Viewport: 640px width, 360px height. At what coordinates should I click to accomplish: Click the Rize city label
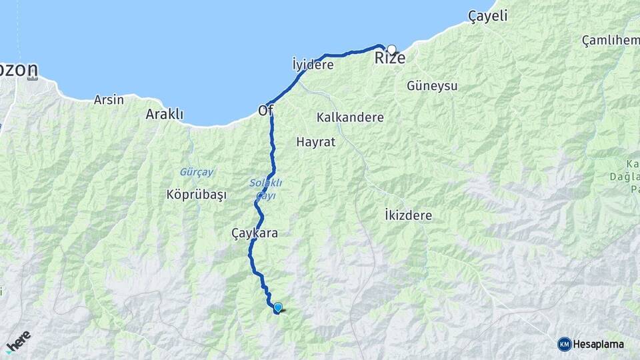click(389, 59)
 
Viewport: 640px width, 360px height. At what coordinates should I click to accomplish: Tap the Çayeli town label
click(487, 17)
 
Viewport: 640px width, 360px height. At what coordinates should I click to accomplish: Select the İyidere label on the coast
click(313, 65)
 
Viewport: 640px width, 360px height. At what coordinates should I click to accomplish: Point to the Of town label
click(265, 112)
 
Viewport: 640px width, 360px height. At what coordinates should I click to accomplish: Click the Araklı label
click(165, 114)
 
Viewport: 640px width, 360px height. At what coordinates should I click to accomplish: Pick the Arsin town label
click(109, 100)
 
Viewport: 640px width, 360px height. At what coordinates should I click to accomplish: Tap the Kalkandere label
click(351, 117)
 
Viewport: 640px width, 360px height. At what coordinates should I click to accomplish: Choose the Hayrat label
click(315, 142)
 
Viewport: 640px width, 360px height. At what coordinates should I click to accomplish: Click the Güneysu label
click(432, 86)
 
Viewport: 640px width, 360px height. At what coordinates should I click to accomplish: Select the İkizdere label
click(409, 215)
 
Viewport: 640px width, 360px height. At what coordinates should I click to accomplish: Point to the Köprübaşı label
click(197, 195)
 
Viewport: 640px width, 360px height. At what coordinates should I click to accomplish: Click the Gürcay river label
click(197, 172)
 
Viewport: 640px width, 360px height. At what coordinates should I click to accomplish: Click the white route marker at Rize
click(392, 49)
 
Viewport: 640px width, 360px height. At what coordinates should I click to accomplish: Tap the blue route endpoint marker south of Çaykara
click(278, 307)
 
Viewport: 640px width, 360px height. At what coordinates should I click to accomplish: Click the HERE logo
click(18, 339)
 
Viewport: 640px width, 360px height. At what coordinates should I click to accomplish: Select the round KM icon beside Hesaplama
click(565, 344)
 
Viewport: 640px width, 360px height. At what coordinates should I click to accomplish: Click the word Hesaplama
click(599, 344)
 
